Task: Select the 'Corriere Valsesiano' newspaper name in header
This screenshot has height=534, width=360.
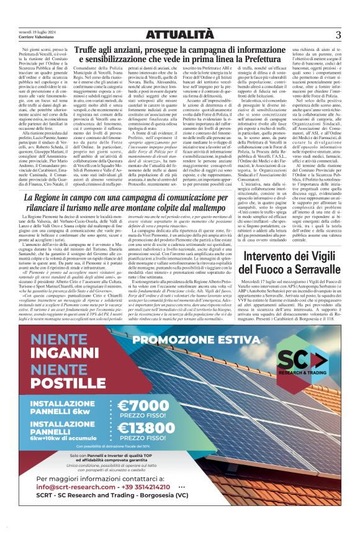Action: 37,37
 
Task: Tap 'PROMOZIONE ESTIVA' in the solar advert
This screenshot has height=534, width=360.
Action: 189,339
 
